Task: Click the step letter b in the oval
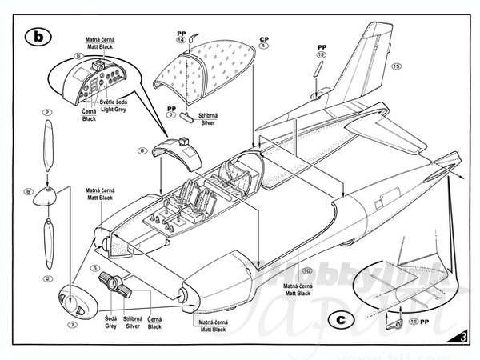(38, 36)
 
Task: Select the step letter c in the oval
(341, 318)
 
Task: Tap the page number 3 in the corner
(465, 337)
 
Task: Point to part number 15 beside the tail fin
(396, 66)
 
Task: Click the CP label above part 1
(263, 38)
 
